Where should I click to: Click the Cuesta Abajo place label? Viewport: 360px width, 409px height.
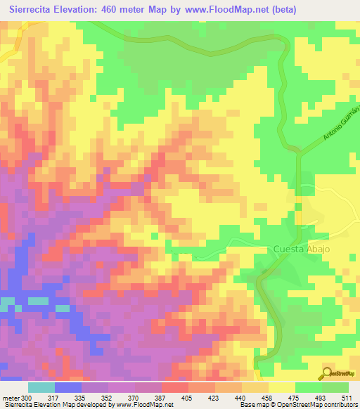[301, 249]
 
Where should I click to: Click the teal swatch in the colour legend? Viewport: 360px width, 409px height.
[41, 387]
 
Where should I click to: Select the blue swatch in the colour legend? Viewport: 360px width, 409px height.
[67, 387]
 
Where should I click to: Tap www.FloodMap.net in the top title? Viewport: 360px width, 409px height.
[212, 9]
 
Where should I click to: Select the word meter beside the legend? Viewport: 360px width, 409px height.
[12, 397]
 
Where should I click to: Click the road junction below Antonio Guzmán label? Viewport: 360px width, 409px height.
[298, 150]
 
